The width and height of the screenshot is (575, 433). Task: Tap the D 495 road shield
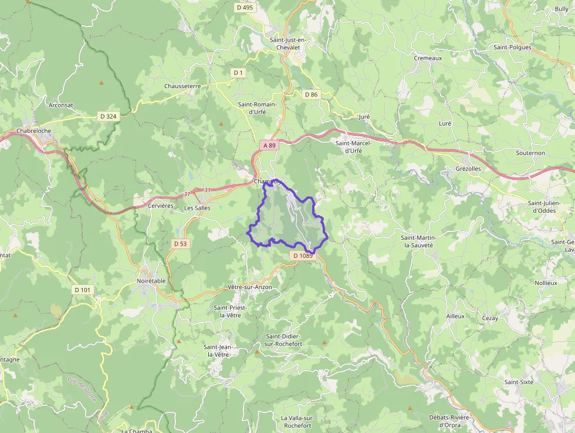point(245,8)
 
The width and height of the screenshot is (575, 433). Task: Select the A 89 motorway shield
point(269,145)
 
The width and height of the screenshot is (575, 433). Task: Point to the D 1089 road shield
point(303,256)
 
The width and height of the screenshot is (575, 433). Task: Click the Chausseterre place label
point(182,86)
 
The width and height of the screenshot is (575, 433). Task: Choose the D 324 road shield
point(109,116)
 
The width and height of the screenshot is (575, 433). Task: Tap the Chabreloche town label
point(35,130)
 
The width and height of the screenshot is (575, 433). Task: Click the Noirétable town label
point(151,281)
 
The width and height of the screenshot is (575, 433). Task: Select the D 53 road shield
point(181,243)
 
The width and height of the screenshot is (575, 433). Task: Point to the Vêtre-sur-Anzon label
point(249,287)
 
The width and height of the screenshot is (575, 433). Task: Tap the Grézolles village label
point(468,168)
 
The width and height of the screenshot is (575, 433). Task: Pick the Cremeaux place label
point(428,58)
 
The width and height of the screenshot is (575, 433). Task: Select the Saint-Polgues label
point(512,47)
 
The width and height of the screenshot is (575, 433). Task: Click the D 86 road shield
point(311,94)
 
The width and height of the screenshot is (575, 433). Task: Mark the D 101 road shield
point(83,290)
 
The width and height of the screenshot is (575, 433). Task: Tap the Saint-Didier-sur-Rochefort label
point(284,340)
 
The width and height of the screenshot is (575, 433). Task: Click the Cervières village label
point(161,206)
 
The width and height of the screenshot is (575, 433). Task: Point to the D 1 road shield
point(238,72)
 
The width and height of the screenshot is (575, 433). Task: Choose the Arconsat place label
point(62,105)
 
